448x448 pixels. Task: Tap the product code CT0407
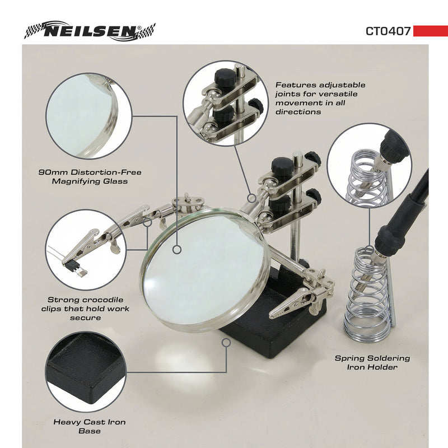[x=388, y=31]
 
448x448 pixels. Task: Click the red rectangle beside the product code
[x=430, y=31]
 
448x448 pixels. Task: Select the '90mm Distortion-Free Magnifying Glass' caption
[x=90, y=176]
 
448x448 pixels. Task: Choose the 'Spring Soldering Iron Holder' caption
[x=372, y=362]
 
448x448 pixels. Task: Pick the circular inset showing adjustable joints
[x=227, y=103]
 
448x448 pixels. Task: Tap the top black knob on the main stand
[x=282, y=166]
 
